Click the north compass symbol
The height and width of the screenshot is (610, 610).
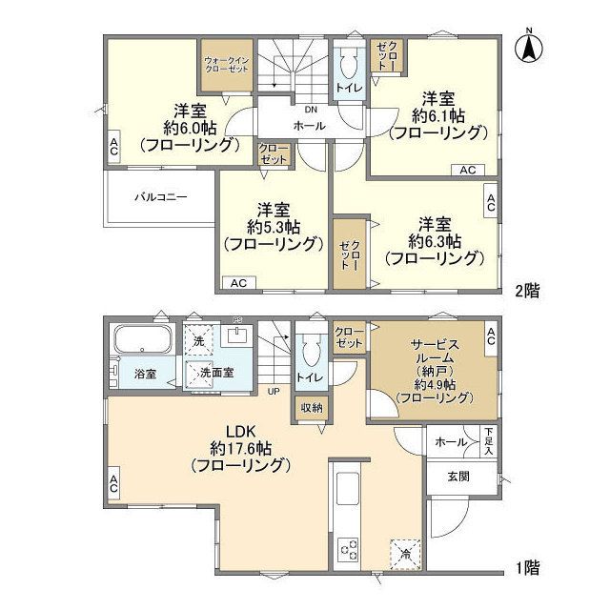[530, 47]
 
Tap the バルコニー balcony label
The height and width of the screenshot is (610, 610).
[160, 197]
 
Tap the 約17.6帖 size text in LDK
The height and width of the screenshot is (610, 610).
[239, 447]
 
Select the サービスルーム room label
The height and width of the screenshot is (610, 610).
[433, 353]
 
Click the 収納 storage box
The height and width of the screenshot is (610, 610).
[311, 408]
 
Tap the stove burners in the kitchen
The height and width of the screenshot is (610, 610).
[349, 550]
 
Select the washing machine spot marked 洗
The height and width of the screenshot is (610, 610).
[199, 341]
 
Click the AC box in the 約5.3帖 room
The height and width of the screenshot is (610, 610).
[238, 283]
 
